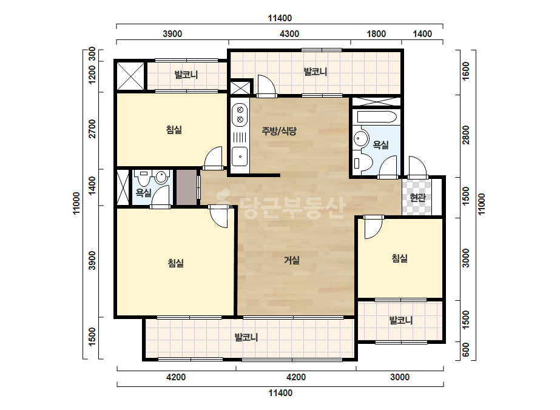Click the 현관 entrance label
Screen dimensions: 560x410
tap(417, 197)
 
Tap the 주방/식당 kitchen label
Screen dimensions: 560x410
tap(279, 131)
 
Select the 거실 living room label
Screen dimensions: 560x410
tap(291, 260)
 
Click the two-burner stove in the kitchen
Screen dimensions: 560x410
tap(240, 115)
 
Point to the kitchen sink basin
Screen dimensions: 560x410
tap(240, 156)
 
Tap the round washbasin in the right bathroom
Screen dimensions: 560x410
tap(361, 139)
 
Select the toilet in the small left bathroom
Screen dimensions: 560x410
tap(144, 178)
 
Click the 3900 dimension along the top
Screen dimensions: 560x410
tap(172, 34)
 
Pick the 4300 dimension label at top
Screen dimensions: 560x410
tap(289, 34)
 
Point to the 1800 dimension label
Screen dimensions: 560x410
tap(376, 34)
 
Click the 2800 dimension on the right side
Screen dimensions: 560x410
tap(466, 135)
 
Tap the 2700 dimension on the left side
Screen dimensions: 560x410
tap(92, 129)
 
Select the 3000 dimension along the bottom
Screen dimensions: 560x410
tap(400, 377)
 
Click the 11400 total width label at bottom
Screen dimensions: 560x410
tap(280, 393)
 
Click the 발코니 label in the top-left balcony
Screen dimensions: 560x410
tap(186, 75)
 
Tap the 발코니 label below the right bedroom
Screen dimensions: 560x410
tap(400, 320)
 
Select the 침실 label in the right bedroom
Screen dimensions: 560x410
tap(400, 258)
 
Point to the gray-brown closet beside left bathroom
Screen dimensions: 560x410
tap(186, 187)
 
